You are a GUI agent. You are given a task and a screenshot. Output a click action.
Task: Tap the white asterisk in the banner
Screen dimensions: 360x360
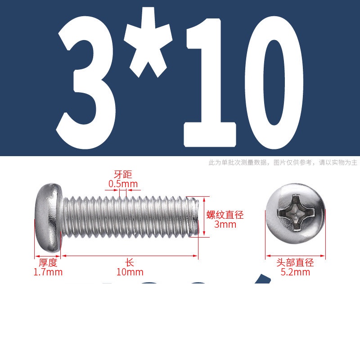tap(148, 42)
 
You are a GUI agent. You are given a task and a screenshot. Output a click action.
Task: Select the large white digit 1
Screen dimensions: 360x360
tap(209, 83)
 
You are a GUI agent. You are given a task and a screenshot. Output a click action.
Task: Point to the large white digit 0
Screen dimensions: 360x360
tap(274, 83)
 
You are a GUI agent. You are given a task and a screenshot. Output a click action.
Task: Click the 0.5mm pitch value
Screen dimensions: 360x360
tap(123, 184)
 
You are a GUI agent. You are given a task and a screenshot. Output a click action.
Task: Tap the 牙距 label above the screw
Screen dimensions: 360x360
tap(123, 175)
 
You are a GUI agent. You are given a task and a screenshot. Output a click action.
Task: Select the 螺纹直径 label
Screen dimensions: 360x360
tap(225, 215)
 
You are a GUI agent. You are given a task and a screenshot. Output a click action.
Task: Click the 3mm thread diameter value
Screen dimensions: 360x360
tap(225, 224)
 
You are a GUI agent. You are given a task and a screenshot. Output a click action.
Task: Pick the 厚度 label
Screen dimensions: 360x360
tap(48, 262)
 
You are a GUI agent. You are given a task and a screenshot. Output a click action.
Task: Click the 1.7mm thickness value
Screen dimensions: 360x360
tap(48, 272)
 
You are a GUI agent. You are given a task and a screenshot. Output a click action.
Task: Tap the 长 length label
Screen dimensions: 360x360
tap(130, 262)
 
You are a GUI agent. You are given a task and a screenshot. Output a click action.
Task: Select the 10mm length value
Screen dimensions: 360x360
tap(130, 272)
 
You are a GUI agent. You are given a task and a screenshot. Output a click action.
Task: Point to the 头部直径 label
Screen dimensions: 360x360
tap(295, 262)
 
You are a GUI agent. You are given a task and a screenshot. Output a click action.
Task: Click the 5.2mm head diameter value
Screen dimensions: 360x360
tap(295, 272)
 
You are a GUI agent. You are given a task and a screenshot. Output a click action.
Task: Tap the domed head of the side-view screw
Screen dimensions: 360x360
tap(48, 217)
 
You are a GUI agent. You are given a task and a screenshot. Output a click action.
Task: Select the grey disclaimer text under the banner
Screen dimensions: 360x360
tap(283, 162)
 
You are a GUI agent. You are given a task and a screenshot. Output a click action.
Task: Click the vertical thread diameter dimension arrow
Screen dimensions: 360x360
tap(204, 217)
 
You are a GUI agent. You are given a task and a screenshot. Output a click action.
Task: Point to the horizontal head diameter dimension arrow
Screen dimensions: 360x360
tap(295, 256)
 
